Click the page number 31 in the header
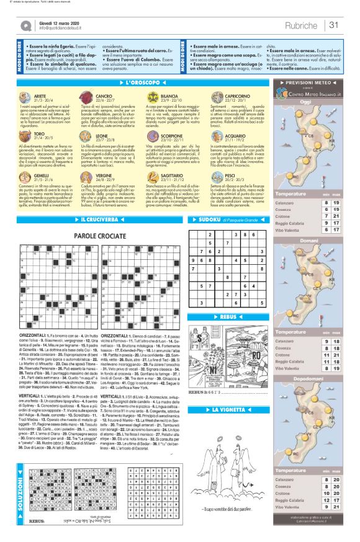pyautogui.click(x=333, y=25)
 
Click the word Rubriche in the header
pyautogui.click(x=302, y=25)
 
